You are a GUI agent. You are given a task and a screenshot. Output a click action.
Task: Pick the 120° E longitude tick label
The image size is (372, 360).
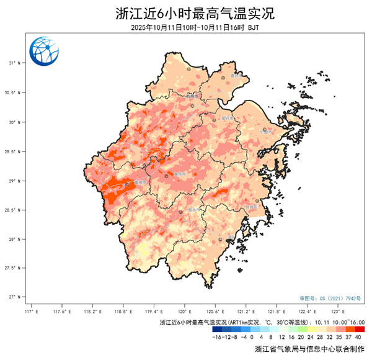coord(184,310)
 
